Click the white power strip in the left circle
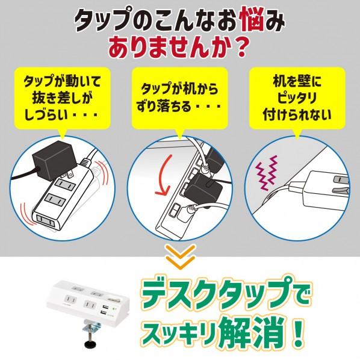click(68, 202)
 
